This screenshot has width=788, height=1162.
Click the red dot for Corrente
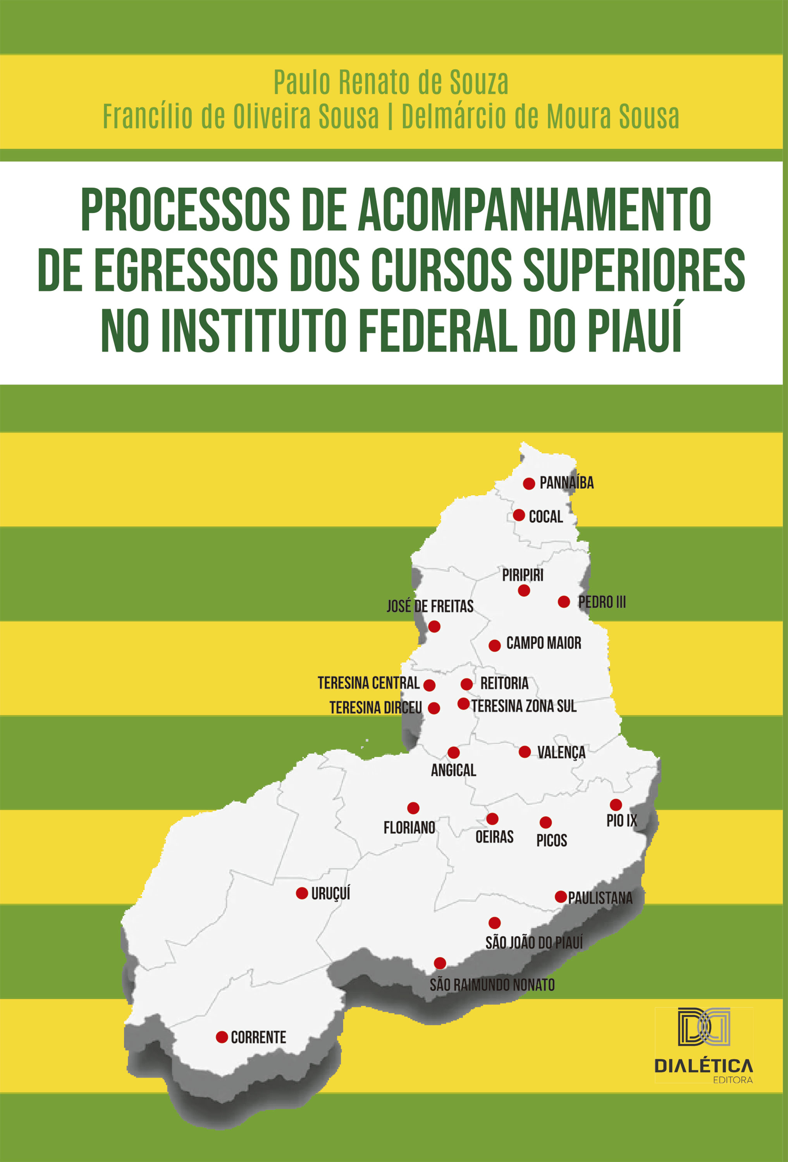[222, 1037]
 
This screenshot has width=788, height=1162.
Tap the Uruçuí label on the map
[330, 893]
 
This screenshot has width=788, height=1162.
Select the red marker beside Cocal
[519, 515]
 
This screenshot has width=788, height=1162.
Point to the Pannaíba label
[566, 483]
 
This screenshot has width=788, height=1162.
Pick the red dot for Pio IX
[616, 804]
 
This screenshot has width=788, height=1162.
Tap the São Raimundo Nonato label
[492, 985]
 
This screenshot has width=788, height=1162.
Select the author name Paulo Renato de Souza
[391, 83]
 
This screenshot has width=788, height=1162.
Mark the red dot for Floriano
[413, 808]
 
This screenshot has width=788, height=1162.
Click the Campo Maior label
[544, 643]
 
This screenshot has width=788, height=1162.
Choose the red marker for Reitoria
[466, 684]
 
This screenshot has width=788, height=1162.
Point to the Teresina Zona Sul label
[523, 706]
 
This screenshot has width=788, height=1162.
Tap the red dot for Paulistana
[561, 897]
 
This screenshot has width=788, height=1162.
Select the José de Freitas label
[430, 607]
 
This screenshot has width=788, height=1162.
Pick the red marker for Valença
[525, 751]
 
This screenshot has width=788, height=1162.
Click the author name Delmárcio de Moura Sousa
[540, 117]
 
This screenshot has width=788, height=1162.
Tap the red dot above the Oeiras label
[492, 819]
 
